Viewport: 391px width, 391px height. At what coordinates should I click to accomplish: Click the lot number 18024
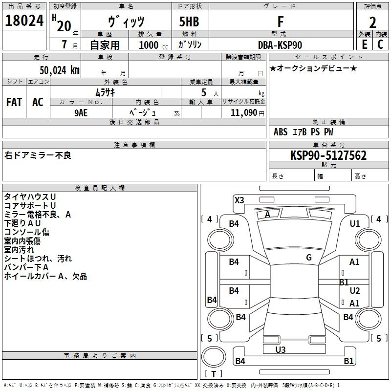coord(24,21)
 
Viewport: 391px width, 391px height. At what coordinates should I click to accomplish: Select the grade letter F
coord(281,22)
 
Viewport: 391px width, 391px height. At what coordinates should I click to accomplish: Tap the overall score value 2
coord(372,22)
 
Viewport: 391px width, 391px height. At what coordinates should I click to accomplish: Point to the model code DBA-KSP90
coord(280,45)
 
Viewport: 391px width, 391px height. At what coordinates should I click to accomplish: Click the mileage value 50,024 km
coord(60,70)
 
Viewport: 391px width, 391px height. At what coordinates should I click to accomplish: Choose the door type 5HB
coord(189,22)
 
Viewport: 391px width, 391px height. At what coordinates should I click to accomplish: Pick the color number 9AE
coord(81,113)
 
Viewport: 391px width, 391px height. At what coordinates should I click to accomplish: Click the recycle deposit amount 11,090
coord(243,113)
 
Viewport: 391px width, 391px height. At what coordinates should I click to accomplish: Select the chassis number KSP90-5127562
coord(328,155)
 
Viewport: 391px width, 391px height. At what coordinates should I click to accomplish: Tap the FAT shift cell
coord(14,102)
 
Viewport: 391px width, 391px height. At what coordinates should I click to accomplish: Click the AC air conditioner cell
coord(38,102)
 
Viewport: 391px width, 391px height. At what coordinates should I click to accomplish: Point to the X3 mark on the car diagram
coord(239,200)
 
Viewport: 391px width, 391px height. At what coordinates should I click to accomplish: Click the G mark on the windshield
coord(309,258)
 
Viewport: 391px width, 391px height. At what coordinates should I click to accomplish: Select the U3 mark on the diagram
coord(281,349)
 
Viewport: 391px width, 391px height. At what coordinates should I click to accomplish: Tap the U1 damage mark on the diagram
coord(355,224)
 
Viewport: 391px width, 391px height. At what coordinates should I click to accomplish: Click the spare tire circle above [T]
coord(214,357)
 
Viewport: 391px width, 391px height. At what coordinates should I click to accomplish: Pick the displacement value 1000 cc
coord(153,45)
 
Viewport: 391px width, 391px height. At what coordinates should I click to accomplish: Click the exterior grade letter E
coord(364,44)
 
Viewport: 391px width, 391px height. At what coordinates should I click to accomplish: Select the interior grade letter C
coord(380,44)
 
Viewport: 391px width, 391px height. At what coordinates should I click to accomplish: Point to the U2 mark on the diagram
coord(355,290)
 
